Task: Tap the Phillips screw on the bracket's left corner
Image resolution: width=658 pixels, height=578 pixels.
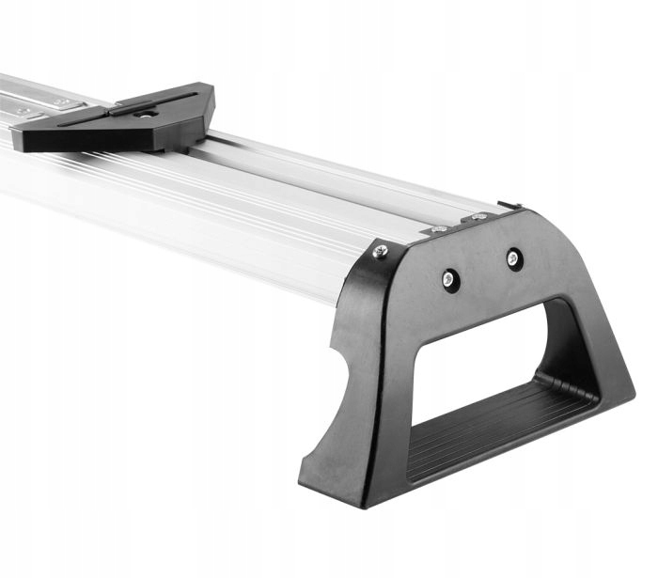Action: [379, 251]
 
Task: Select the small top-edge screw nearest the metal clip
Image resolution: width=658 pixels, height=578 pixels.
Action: [479, 217]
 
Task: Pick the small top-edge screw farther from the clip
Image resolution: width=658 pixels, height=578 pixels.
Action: [437, 228]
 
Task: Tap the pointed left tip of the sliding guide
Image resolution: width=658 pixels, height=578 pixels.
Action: [21, 139]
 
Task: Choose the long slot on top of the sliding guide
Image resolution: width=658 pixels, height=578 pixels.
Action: [155, 101]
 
